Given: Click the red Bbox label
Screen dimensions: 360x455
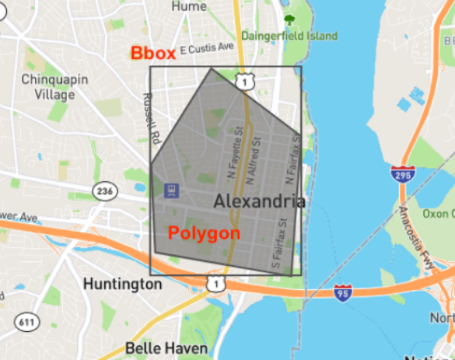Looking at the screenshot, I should [152, 53].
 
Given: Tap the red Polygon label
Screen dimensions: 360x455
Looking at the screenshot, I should [204, 232].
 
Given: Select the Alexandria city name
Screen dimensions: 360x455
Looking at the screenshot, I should [259, 201].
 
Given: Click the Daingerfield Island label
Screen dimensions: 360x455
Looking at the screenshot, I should [289, 36].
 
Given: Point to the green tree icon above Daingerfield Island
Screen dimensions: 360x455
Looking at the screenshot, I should [289, 20].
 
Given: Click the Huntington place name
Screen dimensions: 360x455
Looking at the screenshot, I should [123, 284].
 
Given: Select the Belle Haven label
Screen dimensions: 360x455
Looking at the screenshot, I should [155, 347].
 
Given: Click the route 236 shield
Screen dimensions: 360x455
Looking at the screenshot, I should [104, 190].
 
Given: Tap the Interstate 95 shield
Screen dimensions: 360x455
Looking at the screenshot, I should [342, 292].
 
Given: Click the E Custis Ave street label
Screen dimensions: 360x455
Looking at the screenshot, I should [206, 48].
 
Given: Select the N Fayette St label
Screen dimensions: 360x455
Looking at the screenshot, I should [231, 152].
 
